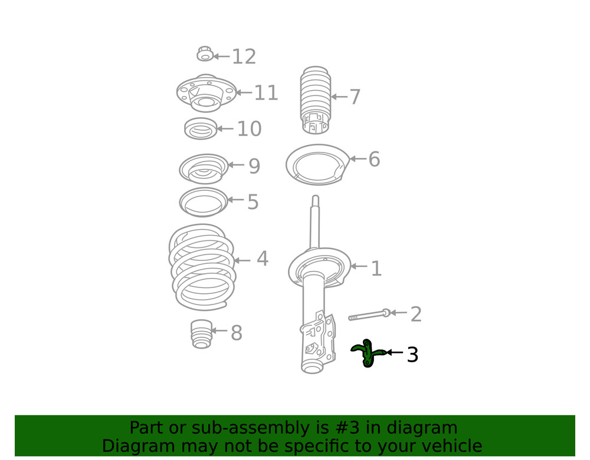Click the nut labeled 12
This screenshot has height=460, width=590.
pyautogui.click(x=205, y=55)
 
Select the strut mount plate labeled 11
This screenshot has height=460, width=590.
pyautogui.click(x=206, y=94)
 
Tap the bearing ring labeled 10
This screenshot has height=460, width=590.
pyautogui.click(x=201, y=129)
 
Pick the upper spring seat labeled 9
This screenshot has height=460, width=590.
pyautogui.click(x=204, y=168)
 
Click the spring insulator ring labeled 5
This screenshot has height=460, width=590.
pyautogui.click(x=204, y=202)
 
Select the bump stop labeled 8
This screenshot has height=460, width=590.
pyautogui.click(x=202, y=333)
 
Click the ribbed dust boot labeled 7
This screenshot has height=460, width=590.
pyautogui.click(x=316, y=97)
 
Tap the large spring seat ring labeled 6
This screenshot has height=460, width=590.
pyautogui.click(x=317, y=163)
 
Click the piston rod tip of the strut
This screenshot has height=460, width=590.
pyautogui.click(x=316, y=200)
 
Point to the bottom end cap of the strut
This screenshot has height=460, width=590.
pyautogui.click(x=312, y=368)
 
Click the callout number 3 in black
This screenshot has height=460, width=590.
pyautogui.click(x=412, y=355)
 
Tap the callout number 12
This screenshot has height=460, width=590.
pyautogui.click(x=244, y=57)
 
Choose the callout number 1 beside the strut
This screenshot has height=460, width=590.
pyautogui.click(x=376, y=269)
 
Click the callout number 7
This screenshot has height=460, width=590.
pyautogui.click(x=354, y=97)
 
